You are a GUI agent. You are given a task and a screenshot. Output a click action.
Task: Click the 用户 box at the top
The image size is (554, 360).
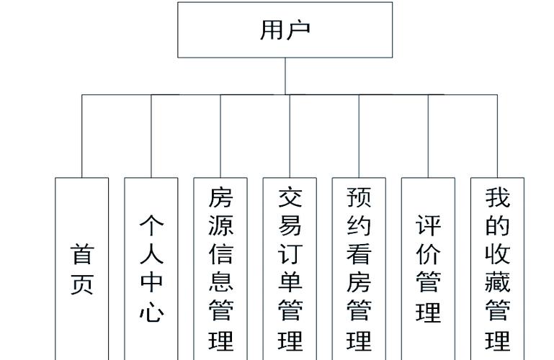(x=285, y=30)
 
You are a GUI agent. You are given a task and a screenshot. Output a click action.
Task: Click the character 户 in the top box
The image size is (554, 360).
(x=298, y=30)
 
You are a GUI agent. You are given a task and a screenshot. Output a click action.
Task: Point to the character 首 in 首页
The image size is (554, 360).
(x=82, y=254)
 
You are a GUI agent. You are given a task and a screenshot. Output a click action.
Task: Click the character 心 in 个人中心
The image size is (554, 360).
(x=151, y=312)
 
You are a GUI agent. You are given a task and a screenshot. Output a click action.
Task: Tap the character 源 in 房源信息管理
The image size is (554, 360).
(x=220, y=225)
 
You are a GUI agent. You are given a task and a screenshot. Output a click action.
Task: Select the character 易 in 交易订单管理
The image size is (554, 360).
(x=290, y=225)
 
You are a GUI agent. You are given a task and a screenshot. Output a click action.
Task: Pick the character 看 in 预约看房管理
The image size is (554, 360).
(x=359, y=254)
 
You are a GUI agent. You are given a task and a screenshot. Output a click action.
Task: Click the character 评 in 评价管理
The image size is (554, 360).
(x=428, y=225)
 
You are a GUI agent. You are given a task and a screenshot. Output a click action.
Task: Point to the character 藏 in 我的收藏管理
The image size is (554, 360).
(x=497, y=283)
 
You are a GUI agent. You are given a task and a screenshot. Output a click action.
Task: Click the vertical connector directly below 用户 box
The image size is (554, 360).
(x=285, y=76)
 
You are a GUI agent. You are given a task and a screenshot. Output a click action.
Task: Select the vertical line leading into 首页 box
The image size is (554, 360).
(x=82, y=137)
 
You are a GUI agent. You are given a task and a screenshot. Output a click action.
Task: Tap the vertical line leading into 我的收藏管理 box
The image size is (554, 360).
(x=497, y=137)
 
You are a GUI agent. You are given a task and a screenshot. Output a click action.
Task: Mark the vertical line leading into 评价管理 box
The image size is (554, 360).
(x=428, y=137)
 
